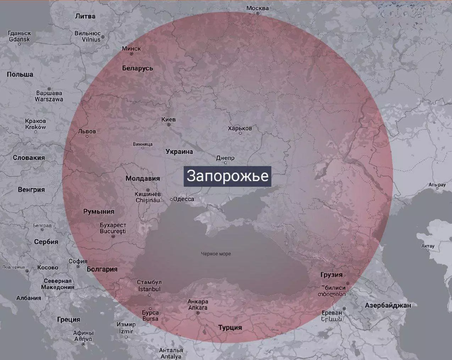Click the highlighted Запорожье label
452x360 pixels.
227,176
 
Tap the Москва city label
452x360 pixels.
258,8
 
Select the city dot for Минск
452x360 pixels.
132,54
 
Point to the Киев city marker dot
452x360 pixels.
169,125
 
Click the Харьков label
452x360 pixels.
240,128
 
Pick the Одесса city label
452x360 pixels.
183,199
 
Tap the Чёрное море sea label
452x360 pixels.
216,253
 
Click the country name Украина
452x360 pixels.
179,152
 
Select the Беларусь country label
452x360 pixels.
138,68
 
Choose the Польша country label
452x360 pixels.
20,74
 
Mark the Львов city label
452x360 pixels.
87,131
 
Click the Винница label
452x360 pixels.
143,144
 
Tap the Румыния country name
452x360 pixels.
99,212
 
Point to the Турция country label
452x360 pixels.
230,327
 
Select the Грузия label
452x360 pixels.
331,274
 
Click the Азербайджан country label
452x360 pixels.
388,305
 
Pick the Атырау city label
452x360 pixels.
437,185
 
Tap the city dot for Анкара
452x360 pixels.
198,313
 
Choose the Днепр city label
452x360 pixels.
225,158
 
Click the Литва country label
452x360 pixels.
86,16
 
